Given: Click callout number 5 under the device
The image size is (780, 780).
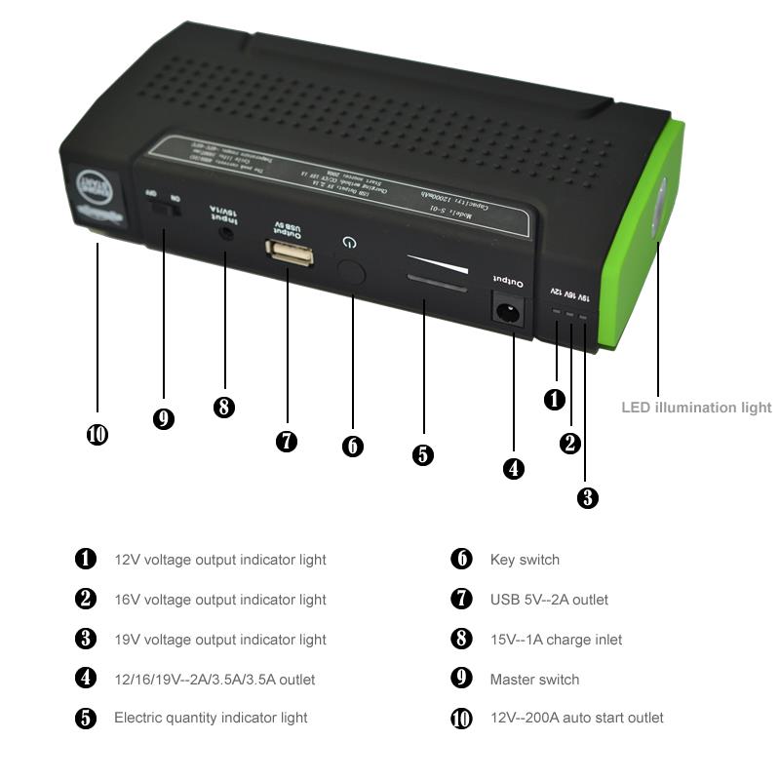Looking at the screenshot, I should point(423,454).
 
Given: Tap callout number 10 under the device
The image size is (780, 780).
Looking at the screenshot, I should point(97,435).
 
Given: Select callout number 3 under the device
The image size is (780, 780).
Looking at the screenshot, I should point(587,497).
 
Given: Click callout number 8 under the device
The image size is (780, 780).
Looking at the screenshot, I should point(224,408).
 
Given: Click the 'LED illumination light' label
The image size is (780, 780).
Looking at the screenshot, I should point(696,408).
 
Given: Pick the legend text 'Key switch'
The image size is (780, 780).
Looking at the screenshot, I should point(525,560).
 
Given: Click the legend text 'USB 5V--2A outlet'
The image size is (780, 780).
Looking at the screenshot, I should point(549,600).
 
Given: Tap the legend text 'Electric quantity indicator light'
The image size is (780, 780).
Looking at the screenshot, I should point(211,718).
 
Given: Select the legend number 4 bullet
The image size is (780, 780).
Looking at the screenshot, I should point(87,679).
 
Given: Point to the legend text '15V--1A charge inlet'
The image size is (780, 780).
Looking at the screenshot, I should point(556,640).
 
